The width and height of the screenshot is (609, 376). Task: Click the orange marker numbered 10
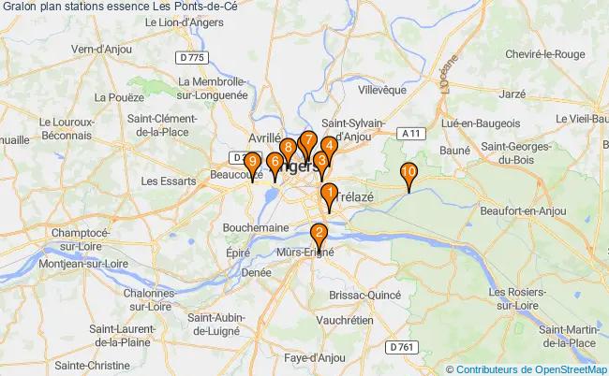(x=408, y=173)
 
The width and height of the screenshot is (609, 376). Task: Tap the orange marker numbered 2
(x=319, y=234)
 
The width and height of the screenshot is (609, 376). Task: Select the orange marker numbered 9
(x=250, y=163)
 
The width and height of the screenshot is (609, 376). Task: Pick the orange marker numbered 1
(x=328, y=194)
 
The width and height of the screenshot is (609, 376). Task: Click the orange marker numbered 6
(x=274, y=163)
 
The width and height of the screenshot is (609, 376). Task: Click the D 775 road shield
(x=191, y=58)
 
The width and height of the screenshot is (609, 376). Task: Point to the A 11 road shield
(x=408, y=134)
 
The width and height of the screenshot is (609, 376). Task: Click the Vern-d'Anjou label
(x=100, y=50)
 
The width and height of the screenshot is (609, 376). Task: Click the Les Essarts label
(x=165, y=181)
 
